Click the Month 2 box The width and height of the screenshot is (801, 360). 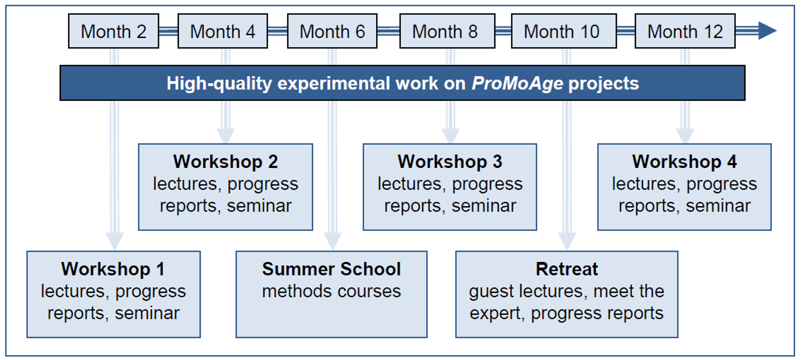(113, 31)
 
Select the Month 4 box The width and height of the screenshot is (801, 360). (223, 31)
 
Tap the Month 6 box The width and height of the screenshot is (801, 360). (332, 31)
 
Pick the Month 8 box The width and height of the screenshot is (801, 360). (447, 31)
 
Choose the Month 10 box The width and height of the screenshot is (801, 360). (564, 31)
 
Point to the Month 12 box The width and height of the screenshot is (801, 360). (685, 31)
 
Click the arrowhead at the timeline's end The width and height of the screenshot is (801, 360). (768, 31)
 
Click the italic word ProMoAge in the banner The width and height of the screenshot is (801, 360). (518, 84)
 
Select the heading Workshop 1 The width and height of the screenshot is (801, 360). (113, 269)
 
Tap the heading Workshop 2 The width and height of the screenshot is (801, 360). (226, 162)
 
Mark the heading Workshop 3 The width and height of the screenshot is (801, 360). (450, 162)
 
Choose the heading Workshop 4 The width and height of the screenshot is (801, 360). (684, 162)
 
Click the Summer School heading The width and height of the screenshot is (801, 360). (331, 269)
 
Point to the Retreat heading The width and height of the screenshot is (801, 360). (567, 269)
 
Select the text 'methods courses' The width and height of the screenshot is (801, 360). (331, 291)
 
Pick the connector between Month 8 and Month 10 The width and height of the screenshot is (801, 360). (503, 31)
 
